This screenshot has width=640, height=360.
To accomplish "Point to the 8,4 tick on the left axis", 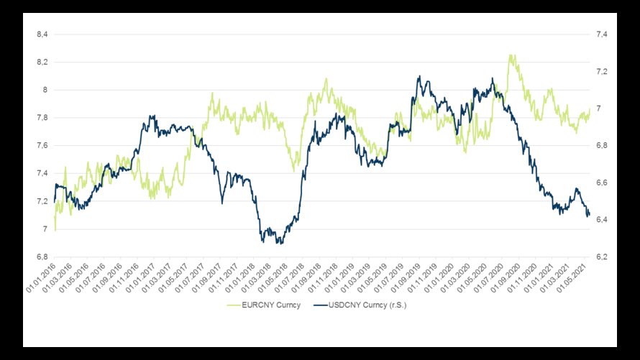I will coord(42,34).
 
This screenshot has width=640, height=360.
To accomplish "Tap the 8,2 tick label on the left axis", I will coord(42,63).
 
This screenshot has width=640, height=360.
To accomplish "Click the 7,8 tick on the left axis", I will coord(42,118).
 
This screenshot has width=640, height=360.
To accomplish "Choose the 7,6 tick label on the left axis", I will coord(42,146).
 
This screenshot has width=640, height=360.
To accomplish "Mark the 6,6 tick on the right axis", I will coord(599,183).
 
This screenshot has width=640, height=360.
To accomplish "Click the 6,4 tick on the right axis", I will coord(599,220).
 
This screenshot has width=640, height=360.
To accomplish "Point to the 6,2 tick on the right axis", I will coord(599,257).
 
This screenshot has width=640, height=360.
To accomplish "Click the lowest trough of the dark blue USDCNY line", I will coord(280,244).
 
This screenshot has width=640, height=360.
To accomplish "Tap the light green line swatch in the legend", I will coord(234,305).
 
